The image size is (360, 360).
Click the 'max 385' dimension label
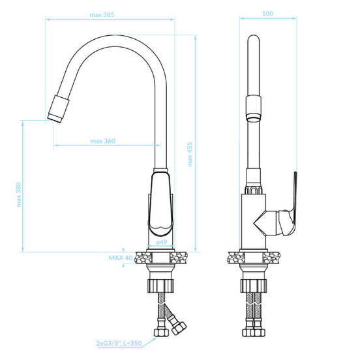point(102,15)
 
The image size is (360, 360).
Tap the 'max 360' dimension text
point(103,141)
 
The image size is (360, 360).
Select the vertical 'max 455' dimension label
point(190,155)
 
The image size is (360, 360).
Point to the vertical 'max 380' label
point(19,194)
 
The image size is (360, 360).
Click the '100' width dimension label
point(267,14)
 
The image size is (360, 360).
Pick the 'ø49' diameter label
point(161,242)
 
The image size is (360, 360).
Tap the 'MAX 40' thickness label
point(121,258)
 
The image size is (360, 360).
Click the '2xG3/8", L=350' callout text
point(119,343)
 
